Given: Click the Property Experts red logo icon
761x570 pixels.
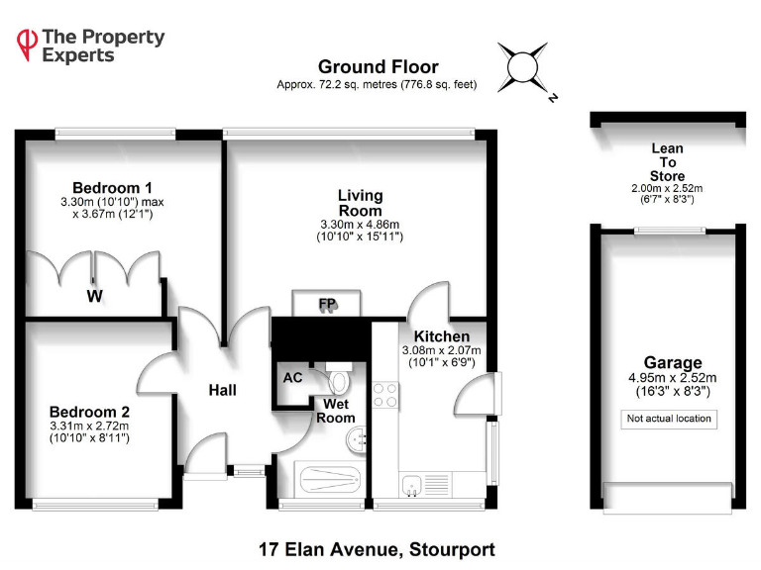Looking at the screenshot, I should pos(26,44).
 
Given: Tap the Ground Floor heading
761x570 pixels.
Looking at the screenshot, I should pos(378,67).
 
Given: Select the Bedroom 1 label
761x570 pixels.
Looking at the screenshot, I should pos(112,188).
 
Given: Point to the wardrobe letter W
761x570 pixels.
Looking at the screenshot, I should pos(94,295).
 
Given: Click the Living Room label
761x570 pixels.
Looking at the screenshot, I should pos(360,203).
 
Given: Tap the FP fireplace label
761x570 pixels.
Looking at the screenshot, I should pos(326,304).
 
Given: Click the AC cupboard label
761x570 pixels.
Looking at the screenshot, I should pos(293,377).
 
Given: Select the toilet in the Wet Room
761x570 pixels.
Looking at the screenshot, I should pos(339,381).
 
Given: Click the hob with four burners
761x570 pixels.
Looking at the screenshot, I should pos(384,396).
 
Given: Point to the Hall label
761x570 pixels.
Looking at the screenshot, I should pos(222,391).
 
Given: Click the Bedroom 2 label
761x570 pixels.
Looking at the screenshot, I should pos(90,411).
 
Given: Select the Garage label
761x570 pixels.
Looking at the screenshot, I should pos(672,363).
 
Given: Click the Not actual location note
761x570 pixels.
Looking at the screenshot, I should pos(669,419).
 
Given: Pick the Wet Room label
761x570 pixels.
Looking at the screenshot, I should pos(336,411).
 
